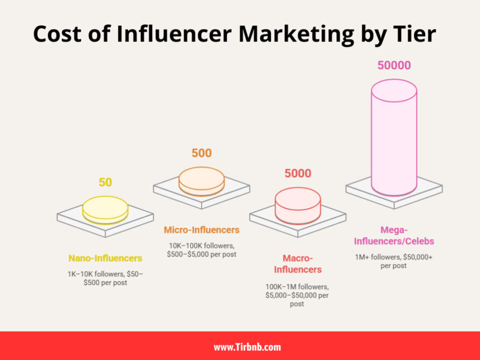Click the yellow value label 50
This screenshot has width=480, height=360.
click(x=105, y=182)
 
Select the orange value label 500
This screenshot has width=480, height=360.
click(x=202, y=153)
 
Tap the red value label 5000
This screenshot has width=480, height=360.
click(x=298, y=174)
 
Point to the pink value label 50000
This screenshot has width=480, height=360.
click(x=393, y=66)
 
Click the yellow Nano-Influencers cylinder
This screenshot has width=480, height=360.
click(x=105, y=210)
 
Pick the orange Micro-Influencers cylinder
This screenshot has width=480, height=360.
click(x=202, y=181)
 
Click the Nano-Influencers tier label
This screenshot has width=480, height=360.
click(x=105, y=258)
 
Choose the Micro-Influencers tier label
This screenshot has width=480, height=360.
click(x=202, y=230)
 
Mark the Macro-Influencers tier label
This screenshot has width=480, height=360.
click(x=298, y=264)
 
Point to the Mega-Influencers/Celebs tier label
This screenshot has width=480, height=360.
click(x=394, y=236)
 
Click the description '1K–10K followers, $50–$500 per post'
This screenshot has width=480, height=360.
click(x=105, y=278)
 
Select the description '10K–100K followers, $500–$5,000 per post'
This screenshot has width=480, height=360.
click(x=202, y=250)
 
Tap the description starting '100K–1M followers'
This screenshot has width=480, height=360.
click(x=298, y=295)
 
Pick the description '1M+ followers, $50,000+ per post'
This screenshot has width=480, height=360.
click(x=394, y=262)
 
